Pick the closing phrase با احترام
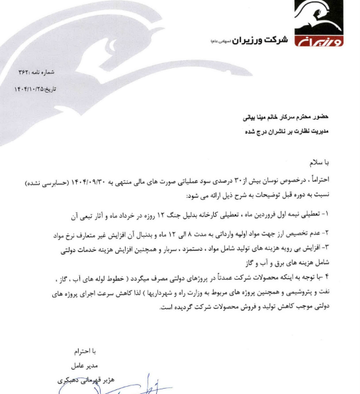click(x=85, y=351)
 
